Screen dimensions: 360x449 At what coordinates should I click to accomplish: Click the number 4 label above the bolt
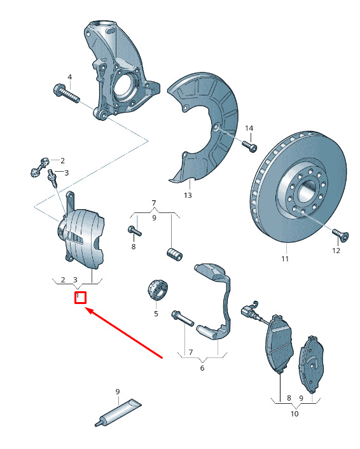coord(69,77)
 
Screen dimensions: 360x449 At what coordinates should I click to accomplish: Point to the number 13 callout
coord(188,195)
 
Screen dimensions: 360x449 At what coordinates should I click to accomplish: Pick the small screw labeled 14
coord(250,146)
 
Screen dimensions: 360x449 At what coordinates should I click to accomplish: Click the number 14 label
coord(249,128)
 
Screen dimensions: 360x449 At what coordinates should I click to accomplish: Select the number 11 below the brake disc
coord(285,259)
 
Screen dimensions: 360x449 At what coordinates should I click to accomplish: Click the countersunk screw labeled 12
coord(340,235)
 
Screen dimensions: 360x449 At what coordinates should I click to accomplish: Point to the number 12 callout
coord(336,251)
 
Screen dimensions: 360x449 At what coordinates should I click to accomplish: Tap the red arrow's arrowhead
coord(89,311)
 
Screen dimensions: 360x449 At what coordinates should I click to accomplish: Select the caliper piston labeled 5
coord(158,290)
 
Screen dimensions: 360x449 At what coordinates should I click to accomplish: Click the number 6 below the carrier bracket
coord(202,368)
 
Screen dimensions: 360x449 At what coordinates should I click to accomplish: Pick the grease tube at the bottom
coord(118,413)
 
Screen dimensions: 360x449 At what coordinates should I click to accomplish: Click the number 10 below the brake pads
coord(294,413)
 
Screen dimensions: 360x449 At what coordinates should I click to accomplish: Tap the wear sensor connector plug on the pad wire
coord(247,312)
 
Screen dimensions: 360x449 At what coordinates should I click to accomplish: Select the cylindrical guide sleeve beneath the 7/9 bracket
coord(175,254)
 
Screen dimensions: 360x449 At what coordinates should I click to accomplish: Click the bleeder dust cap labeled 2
coord(45,162)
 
